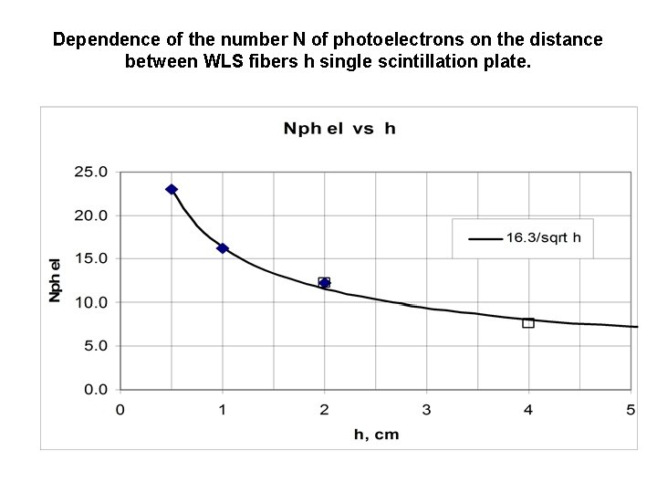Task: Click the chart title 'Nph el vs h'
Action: pyautogui.click(x=339, y=129)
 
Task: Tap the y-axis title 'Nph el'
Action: pyautogui.click(x=55, y=280)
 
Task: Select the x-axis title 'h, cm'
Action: pyautogui.click(x=376, y=434)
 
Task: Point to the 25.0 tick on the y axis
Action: pyautogui.click(x=91, y=172)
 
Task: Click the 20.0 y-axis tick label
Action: pyautogui.click(x=91, y=215)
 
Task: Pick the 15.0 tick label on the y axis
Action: pyautogui.click(x=91, y=258)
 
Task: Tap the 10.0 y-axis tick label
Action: pyautogui.click(x=91, y=302)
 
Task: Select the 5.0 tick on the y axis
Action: pyautogui.click(x=95, y=346)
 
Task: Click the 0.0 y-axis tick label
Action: pyautogui.click(x=95, y=390)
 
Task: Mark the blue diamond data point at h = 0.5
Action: pyautogui.click(x=172, y=189)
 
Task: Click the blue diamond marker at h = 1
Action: pyautogui.click(x=223, y=248)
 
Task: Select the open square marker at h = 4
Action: pyautogui.click(x=528, y=322)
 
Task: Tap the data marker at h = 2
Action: pyautogui.click(x=324, y=283)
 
